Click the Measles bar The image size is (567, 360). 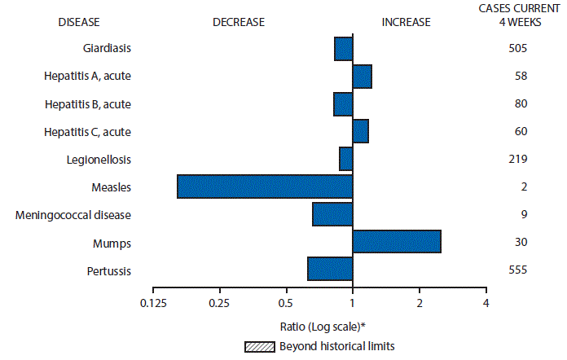tap(265, 187)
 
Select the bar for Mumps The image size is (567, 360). tap(397, 242)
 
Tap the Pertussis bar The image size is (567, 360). tap(330, 269)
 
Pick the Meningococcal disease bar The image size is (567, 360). tap(332, 214)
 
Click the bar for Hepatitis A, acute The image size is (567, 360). tap(362, 77)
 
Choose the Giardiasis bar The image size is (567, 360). tap(343, 49)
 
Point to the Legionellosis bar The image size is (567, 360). tap(345, 159)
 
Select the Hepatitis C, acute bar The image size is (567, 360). tap(360, 131)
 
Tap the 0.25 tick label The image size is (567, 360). tap(220, 303)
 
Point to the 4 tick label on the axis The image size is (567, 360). tap(486, 303)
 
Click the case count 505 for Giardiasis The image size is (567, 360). tap(516, 49)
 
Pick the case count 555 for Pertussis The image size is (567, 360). tap(516, 270)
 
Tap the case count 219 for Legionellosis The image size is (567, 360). tap(516, 159)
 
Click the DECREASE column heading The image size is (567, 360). tap(239, 22)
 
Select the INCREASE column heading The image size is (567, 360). tap(406, 22)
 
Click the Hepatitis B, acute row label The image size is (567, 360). tap(87, 104)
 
